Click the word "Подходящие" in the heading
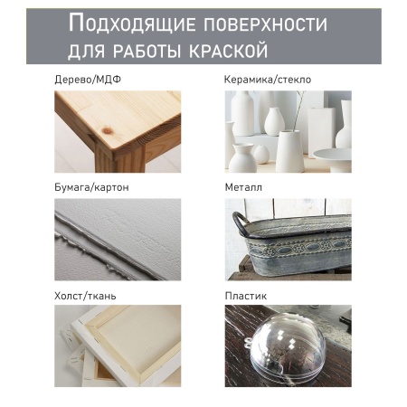tap(132, 24)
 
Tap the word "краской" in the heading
tap(228, 51)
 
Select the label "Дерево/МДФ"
tap(88, 80)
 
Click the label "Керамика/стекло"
tap(268, 80)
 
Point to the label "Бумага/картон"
tap(91, 187)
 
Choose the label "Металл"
tap(243, 187)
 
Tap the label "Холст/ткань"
tap(85, 296)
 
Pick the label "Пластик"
tap(246, 296)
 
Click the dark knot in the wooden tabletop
tap(108, 130)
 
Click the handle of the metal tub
tap(239, 222)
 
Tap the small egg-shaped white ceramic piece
tap(260, 155)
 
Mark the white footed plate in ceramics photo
tap(333, 159)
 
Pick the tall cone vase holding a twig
tap(289, 151)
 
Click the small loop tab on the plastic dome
tap(248, 343)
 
